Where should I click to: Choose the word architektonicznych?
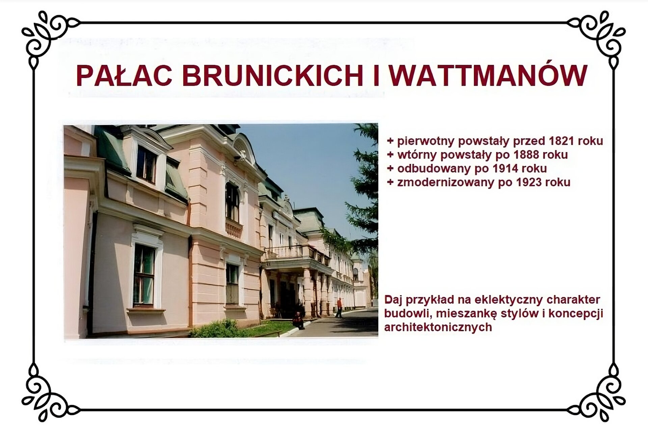pos(438,327)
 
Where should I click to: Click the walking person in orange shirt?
pos(339,307)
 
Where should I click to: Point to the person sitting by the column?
pos(298,320)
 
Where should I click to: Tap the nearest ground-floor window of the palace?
pos(144,274)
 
